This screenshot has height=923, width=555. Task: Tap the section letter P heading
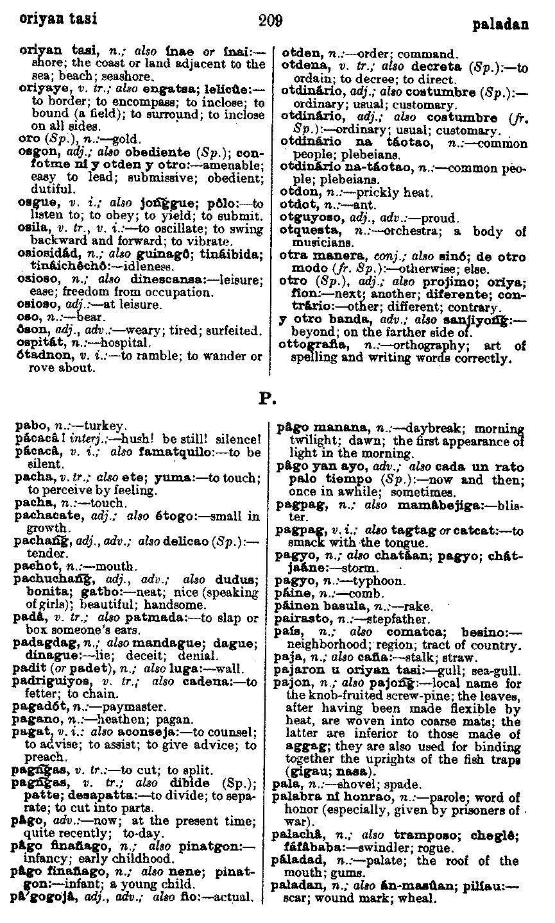point(266,400)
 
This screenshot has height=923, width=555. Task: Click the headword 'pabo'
point(28,424)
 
